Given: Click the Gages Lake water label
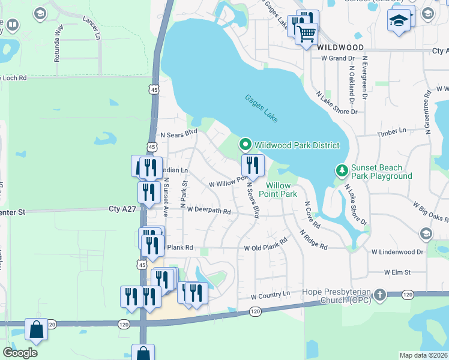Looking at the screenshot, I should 261,109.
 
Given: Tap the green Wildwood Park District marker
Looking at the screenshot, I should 245,145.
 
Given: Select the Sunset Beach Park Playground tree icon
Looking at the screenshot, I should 342,171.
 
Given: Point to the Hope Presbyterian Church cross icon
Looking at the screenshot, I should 379,295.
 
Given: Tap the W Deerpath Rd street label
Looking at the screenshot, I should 208,211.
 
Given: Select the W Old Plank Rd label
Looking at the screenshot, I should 265,248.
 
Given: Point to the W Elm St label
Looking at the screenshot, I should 397,272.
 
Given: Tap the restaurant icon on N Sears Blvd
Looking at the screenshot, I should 253,164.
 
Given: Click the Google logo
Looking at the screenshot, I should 20,352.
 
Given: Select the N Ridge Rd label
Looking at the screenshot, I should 313,239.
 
